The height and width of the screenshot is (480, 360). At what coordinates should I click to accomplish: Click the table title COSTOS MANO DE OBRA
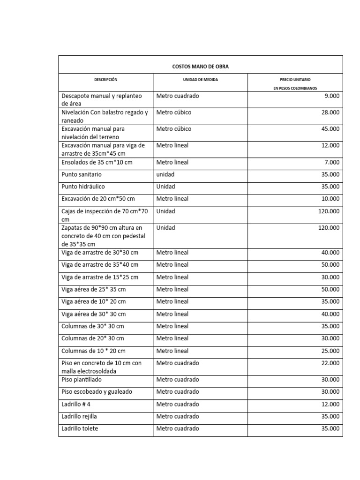click(x=200, y=67)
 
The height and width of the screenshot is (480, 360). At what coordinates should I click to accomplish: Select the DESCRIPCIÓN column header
click(x=105, y=80)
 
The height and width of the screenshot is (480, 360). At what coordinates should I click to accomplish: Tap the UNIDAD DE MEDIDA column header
click(x=200, y=80)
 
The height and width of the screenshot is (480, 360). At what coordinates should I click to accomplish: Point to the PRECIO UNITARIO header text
click(x=295, y=80)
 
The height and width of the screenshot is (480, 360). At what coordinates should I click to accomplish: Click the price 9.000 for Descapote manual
click(x=332, y=96)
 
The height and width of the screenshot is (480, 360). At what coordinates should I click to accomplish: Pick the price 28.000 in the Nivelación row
click(x=330, y=112)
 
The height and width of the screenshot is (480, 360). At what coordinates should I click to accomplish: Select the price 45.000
click(x=330, y=129)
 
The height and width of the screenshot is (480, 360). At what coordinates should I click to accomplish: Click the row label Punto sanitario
click(x=82, y=174)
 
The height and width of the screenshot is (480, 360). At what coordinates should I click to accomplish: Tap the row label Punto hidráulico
click(x=83, y=187)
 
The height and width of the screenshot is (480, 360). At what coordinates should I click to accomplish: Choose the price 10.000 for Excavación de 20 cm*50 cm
click(x=330, y=199)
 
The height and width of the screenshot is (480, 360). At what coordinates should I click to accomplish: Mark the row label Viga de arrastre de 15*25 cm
click(x=100, y=277)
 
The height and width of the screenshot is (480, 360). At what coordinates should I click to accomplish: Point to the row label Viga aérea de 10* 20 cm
click(x=94, y=301)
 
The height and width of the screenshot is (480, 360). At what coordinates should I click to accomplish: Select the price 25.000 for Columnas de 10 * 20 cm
click(x=330, y=351)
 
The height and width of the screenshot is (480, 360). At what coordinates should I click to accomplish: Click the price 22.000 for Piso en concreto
click(x=330, y=363)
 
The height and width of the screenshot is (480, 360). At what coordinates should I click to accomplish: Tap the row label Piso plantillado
click(x=82, y=379)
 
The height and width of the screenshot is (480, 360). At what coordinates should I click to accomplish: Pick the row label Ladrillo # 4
click(x=76, y=404)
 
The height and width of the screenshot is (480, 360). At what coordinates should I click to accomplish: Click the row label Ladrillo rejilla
click(x=80, y=416)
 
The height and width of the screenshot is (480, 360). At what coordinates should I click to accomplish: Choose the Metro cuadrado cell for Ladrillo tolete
click(x=178, y=428)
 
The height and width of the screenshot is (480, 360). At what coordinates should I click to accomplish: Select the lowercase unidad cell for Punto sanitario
click(x=165, y=174)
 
